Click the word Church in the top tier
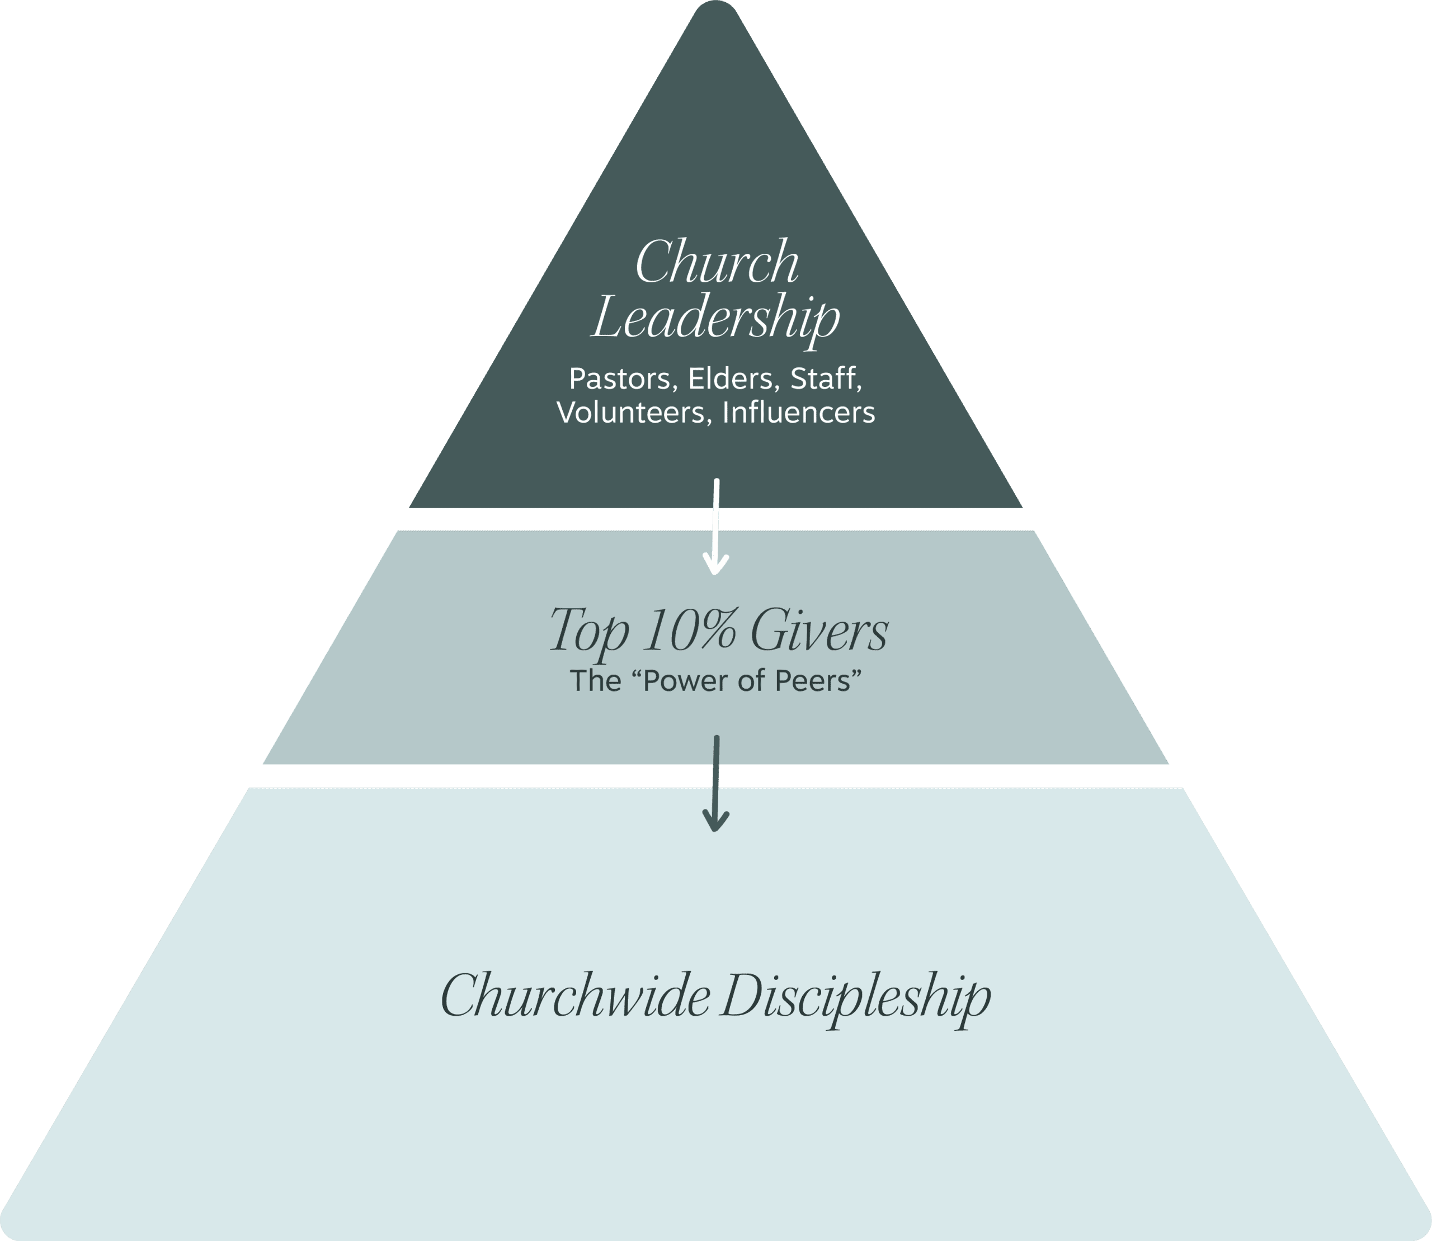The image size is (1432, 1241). [x=717, y=263]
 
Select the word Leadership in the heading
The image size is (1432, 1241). [x=715, y=320]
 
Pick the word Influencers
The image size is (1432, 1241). [x=798, y=413]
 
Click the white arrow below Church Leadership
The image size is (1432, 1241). [x=715, y=527]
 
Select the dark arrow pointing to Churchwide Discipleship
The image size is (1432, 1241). [x=715, y=783]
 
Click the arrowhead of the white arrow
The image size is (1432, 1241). [x=715, y=566]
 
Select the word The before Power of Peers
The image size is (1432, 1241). [x=595, y=681]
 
